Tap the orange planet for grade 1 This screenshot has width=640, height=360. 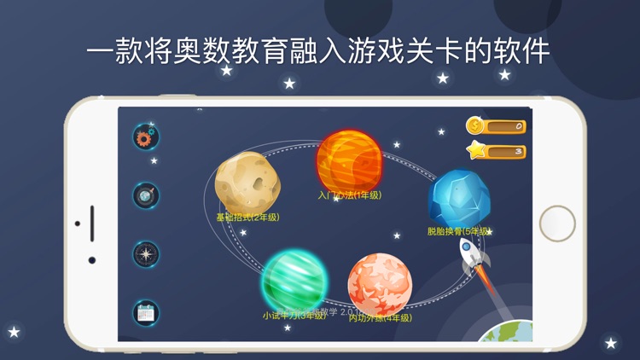(348, 160)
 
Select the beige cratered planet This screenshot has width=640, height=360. (247, 180)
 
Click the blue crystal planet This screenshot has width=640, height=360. (458, 198)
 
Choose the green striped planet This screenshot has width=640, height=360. (294, 281)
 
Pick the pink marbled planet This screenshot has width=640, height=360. (380, 284)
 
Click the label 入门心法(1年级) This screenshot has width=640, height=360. (349, 195)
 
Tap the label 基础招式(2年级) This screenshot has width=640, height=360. (247, 217)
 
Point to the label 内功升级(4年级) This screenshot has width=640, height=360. (380, 318)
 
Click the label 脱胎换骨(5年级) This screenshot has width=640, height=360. (458, 231)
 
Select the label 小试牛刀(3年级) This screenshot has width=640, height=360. (294, 315)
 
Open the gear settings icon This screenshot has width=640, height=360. (146, 136)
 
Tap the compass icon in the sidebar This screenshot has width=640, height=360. (146, 254)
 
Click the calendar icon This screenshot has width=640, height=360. (146, 312)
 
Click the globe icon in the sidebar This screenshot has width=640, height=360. (146, 195)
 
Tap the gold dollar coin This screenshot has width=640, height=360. (474, 126)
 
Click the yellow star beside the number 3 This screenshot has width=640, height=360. (475, 151)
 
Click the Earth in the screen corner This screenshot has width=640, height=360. (509, 332)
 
